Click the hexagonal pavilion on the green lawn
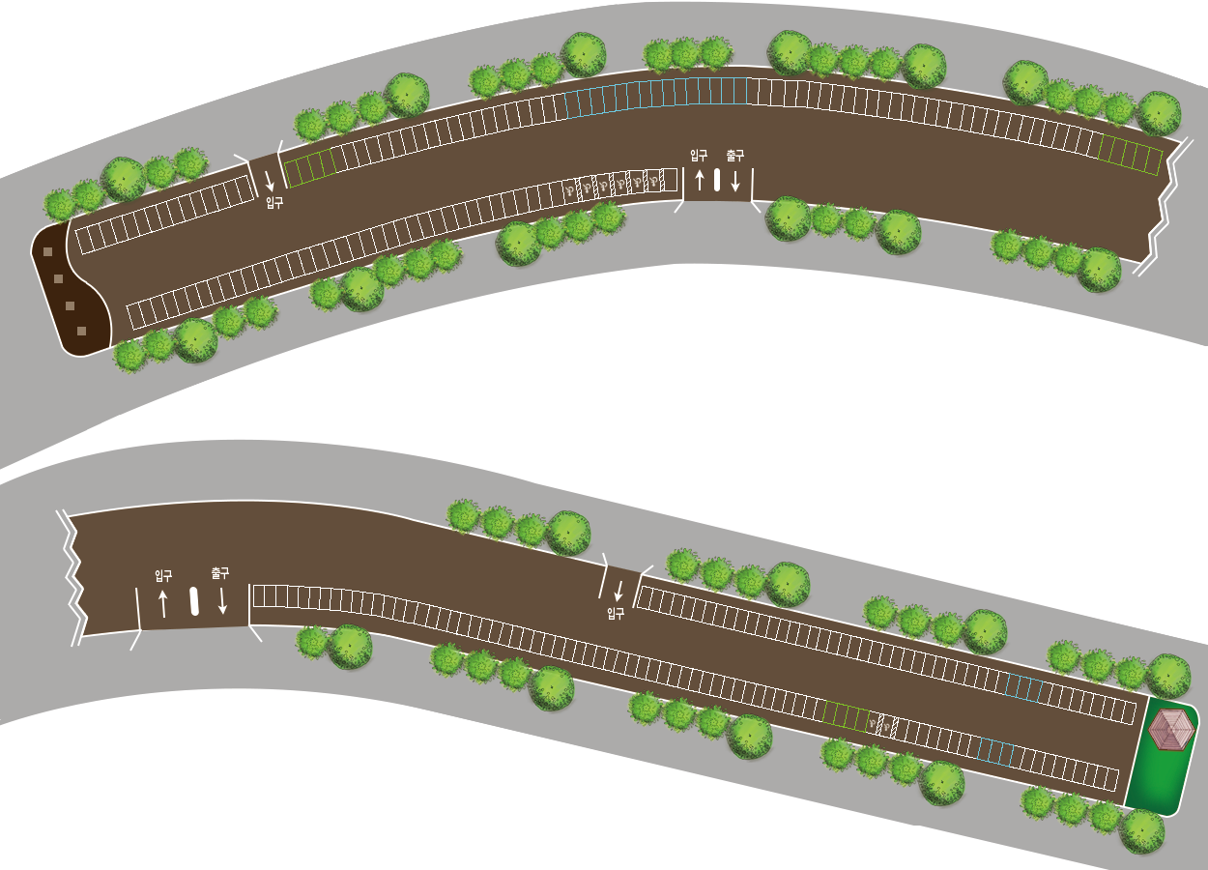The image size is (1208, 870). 1171,729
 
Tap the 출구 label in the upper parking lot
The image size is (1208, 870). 735,155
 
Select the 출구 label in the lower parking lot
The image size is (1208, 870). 220,573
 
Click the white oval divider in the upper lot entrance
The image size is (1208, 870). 717,180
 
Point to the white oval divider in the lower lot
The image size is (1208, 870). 194,601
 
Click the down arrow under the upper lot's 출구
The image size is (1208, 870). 735,180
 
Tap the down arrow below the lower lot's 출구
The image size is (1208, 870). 222,600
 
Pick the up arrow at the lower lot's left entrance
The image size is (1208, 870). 162,603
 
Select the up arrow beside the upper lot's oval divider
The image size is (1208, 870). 700,180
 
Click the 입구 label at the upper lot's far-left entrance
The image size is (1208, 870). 274,203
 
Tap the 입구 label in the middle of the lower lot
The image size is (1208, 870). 616,613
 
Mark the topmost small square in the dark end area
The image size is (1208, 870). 46,253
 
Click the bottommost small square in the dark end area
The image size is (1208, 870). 81,331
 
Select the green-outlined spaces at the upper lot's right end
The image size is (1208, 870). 1131,155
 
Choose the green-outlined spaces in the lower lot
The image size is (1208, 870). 847,716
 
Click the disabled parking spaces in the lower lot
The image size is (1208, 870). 882,723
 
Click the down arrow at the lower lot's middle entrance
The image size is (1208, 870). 618,591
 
